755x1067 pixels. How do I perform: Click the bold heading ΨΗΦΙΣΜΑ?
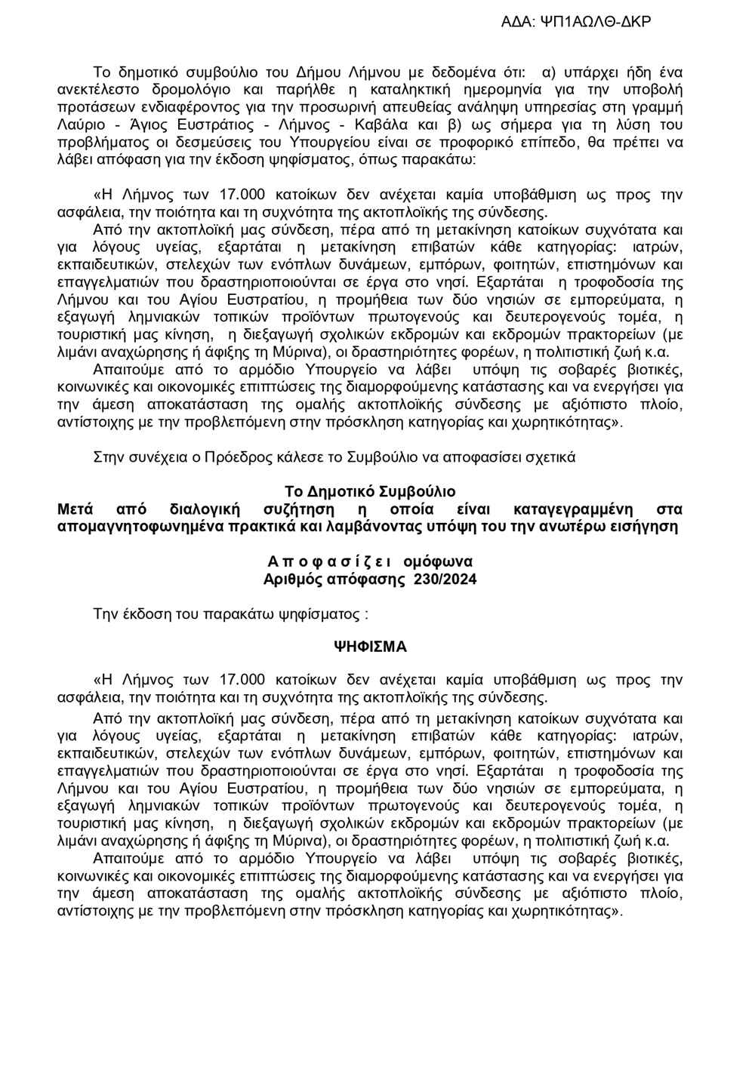coord(370,647)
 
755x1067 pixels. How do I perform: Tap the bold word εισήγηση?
coord(648,527)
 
